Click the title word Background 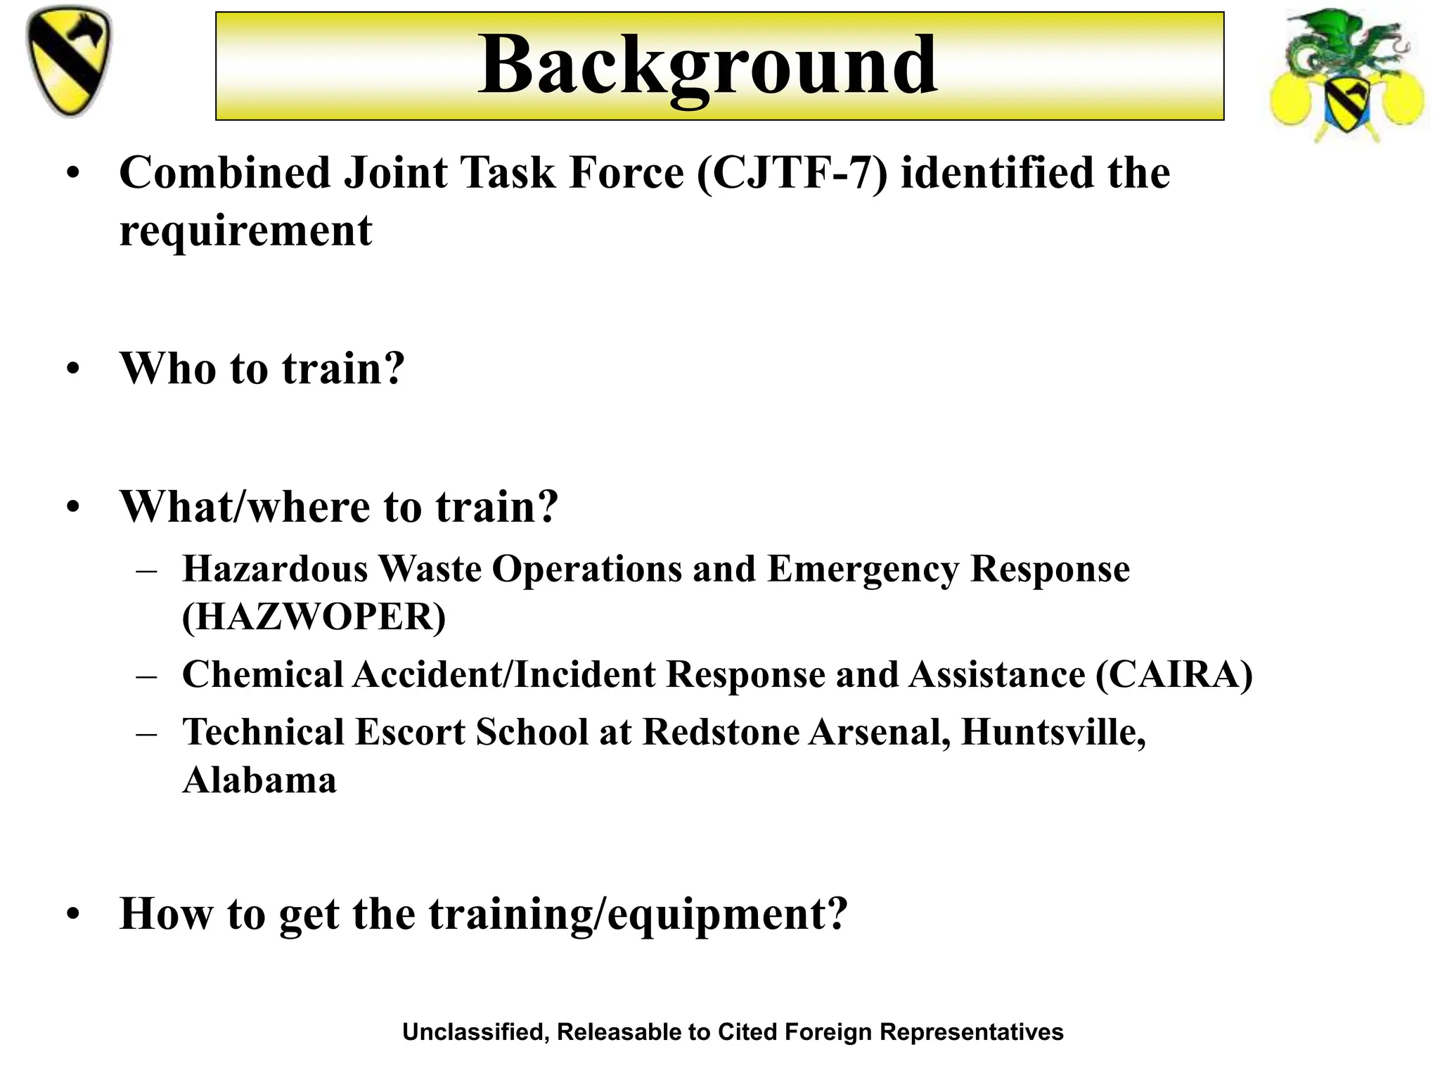point(707,66)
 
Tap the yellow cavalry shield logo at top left point(68,62)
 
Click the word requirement point(245,231)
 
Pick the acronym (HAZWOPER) point(314,617)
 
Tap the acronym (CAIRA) point(1174,675)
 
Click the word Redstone point(721,733)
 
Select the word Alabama point(259,780)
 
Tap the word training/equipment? point(638,915)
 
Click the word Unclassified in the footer point(475,1032)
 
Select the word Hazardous point(275,569)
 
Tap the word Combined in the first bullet point(225,173)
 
